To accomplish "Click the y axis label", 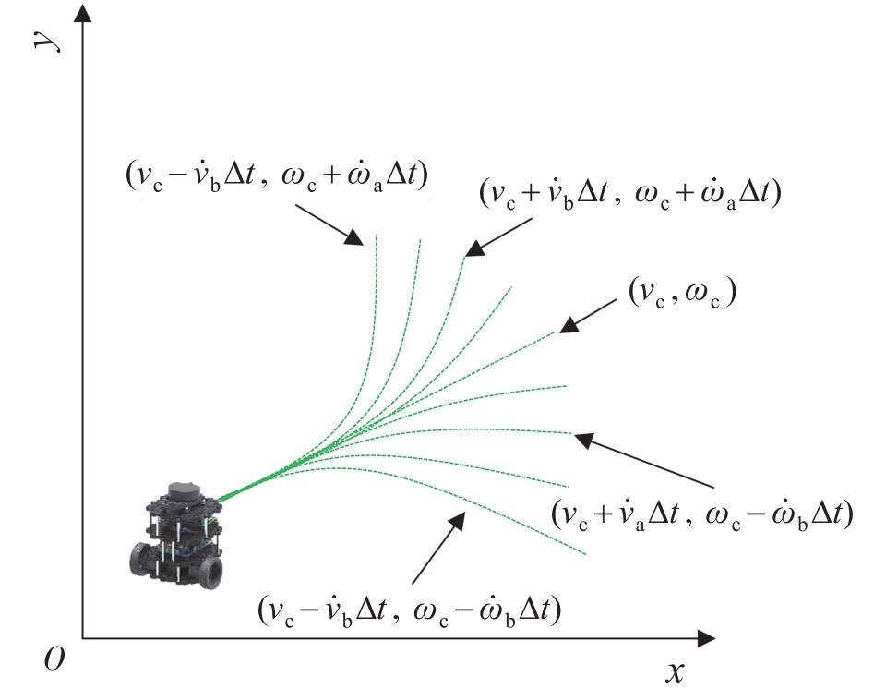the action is tap(46, 41).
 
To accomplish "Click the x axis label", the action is tap(675, 671).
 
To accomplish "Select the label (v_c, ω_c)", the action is tap(683, 292).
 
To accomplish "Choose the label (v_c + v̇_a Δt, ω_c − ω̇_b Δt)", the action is tap(702, 514).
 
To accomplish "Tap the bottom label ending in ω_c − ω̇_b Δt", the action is tap(409, 610).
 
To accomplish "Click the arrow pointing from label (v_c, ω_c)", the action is tap(588, 316).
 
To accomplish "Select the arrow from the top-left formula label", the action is tap(329, 224).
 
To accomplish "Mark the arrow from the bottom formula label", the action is tap(438, 548).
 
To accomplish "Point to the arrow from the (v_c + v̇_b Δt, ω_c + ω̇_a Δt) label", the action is tap(497, 237).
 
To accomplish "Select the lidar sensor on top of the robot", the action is tap(184, 491).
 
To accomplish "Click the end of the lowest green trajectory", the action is tap(586, 554).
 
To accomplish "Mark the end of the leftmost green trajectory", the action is tap(377, 235).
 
